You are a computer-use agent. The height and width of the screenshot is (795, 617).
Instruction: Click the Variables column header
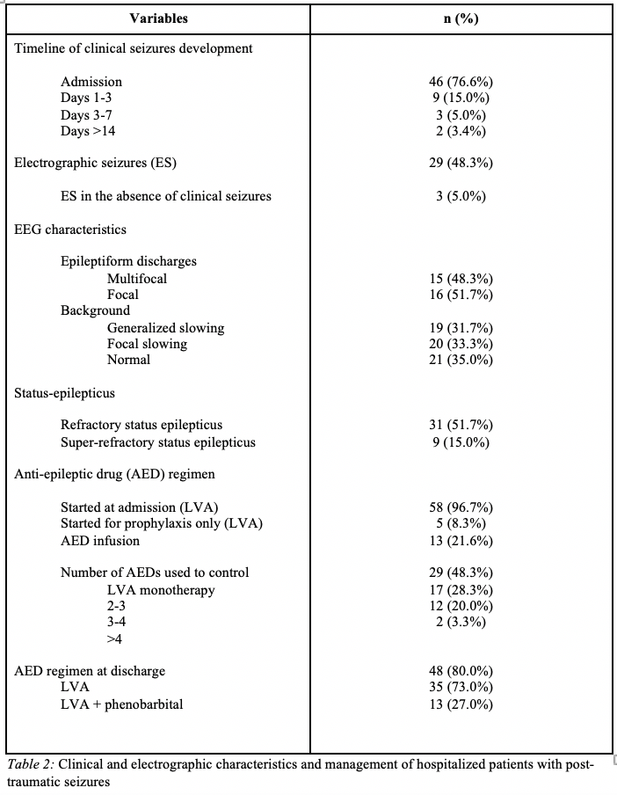pyautogui.click(x=158, y=18)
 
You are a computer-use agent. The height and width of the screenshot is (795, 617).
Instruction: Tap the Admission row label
pyautogui.click(x=91, y=82)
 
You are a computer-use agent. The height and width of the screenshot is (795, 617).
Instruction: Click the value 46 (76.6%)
pyautogui.click(x=461, y=82)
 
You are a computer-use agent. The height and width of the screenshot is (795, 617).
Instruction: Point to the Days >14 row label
pyautogui.click(x=88, y=131)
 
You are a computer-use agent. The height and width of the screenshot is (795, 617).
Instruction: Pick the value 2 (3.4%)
pyautogui.click(x=461, y=131)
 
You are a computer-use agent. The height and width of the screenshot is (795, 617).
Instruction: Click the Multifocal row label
pyautogui.click(x=137, y=279)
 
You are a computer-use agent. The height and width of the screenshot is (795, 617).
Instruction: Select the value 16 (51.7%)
pyautogui.click(x=461, y=295)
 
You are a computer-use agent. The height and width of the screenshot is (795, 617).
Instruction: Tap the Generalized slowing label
pyautogui.click(x=165, y=328)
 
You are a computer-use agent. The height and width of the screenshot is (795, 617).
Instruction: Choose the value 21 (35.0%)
pyautogui.click(x=461, y=360)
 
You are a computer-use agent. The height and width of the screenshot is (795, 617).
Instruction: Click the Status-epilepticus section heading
pyautogui.click(x=64, y=393)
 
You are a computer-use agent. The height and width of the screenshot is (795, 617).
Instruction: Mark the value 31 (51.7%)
pyautogui.click(x=461, y=426)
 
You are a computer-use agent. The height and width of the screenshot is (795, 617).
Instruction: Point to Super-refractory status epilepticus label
pyautogui.click(x=158, y=442)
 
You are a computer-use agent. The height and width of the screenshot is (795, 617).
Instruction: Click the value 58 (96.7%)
pyautogui.click(x=461, y=507)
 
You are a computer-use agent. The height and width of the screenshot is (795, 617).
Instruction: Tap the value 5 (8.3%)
pyautogui.click(x=461, y=524)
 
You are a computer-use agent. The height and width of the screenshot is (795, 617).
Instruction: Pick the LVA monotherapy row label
pyautogui.click(x=161, y=590)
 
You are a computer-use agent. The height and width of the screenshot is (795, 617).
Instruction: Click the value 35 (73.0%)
pyautogui.click(x=461, y=688)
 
